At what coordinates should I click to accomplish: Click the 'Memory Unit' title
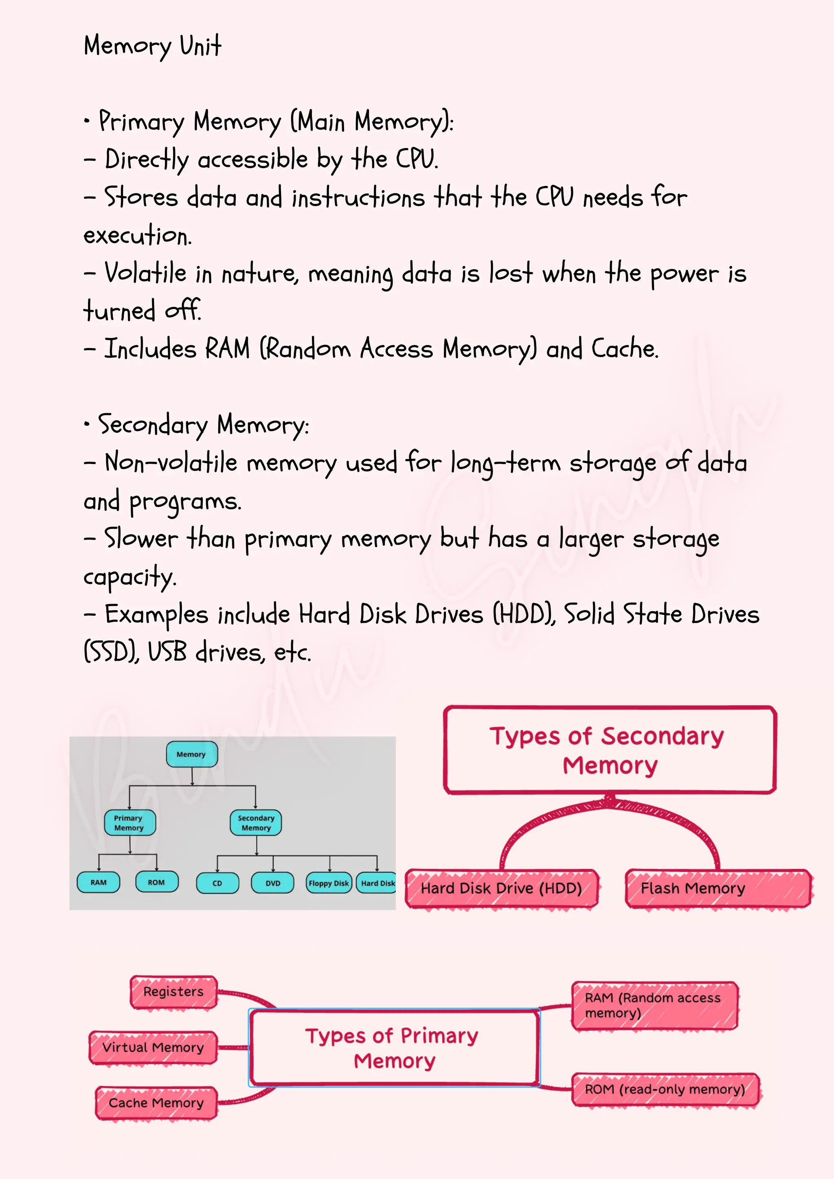pyautogui.click(x=153, y=46)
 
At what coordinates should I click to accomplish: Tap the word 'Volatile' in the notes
pyautogui.click(x=145, y=273)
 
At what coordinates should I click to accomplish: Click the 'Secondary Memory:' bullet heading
pyautogui.click(x=203, y=425)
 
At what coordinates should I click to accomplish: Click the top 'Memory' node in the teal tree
pyautogui.click(x=191, y=754)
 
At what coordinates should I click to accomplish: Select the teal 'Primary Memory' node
pyautogui.click(x=129, y=823)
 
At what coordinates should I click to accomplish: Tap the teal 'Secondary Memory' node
pyautogui.click(x=256, y=823)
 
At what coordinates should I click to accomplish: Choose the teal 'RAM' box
pyautogui.click(x=98, y=882)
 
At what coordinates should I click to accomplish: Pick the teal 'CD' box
pyautogui.click(x=217, y=883)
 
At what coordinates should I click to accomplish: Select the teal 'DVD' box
pyautogui.click(x=273, y=883)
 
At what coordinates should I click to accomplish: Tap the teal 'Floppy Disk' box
pyautogui.click(x=329, y=883)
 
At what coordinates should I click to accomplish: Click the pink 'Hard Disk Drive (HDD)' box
pyautogui.click(x=501, y=888)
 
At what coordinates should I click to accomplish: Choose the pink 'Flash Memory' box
pyautogui.click(x=718, y=888)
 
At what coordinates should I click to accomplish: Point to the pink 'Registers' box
pyautogui.click(x=173, y=992)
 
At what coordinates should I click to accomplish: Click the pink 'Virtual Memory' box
pyautogui.click(x=153, y=1047)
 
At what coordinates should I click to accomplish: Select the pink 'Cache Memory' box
pyautogui.click(x=156, y=1102)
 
